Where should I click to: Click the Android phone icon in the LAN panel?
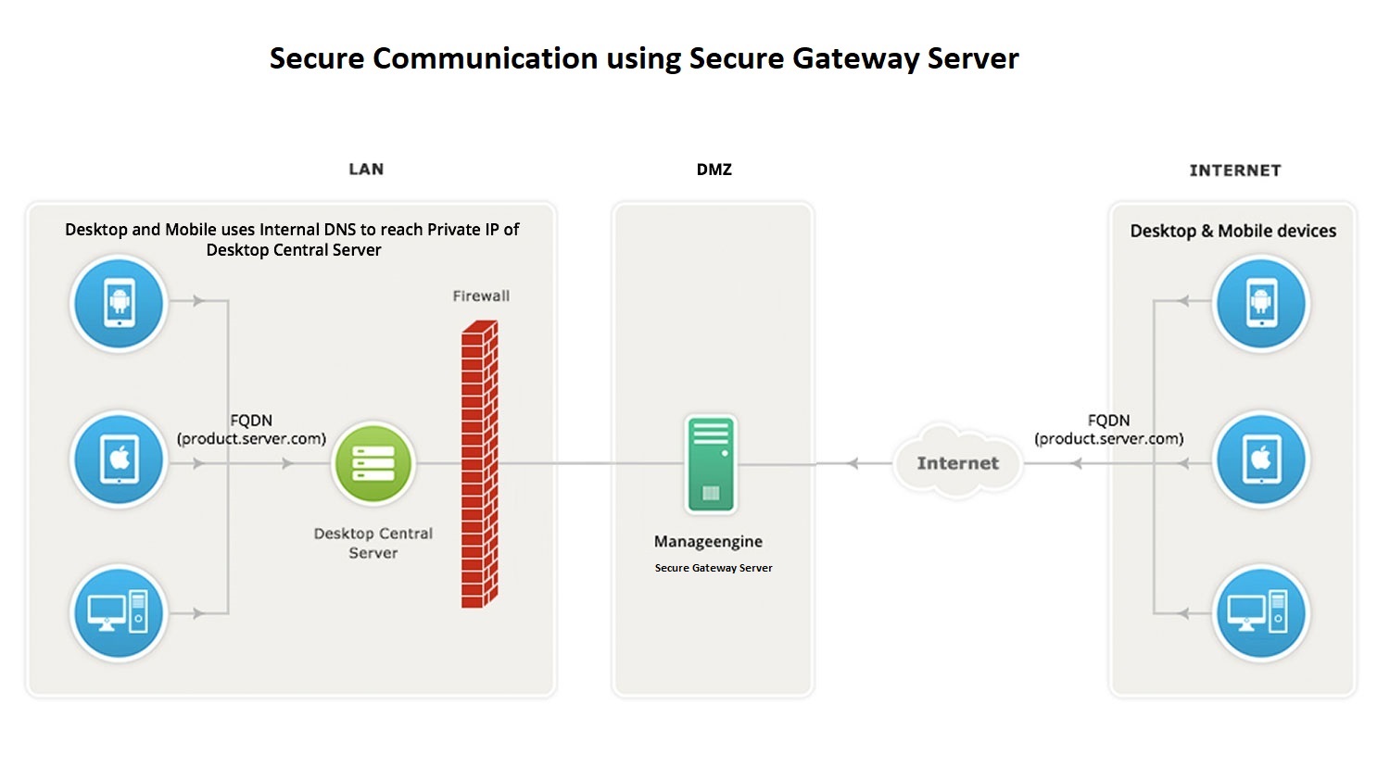click(x=119, y=303)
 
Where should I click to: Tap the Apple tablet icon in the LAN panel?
click(x=119, y=459)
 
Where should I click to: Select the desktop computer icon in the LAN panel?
click(x=119, y=612)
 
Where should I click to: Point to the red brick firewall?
click(x=479, y=463)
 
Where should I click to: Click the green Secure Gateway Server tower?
click(x=711, y=463)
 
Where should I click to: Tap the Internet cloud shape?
click(x=957, y=462)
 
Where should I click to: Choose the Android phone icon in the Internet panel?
click(x=1260, y=303)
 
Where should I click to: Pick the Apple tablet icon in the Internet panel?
click(x=1260, y=459)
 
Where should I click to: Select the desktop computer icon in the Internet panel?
click(x=1260, y=612)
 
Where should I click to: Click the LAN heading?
click(x=366, y=170)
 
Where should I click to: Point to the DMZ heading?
click(x=714, y=170)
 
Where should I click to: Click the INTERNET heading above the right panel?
click(x=1235, y=170)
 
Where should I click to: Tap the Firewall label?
click(x=481, y=296)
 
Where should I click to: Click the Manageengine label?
click(x=708, y=542)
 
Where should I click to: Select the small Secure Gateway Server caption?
click(x=714, y=568)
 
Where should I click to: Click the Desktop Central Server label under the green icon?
click(x=373, y=543)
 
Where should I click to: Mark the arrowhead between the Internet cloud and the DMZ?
click(x=853, y=463)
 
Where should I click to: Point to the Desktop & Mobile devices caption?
click(x=1232, y=232)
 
